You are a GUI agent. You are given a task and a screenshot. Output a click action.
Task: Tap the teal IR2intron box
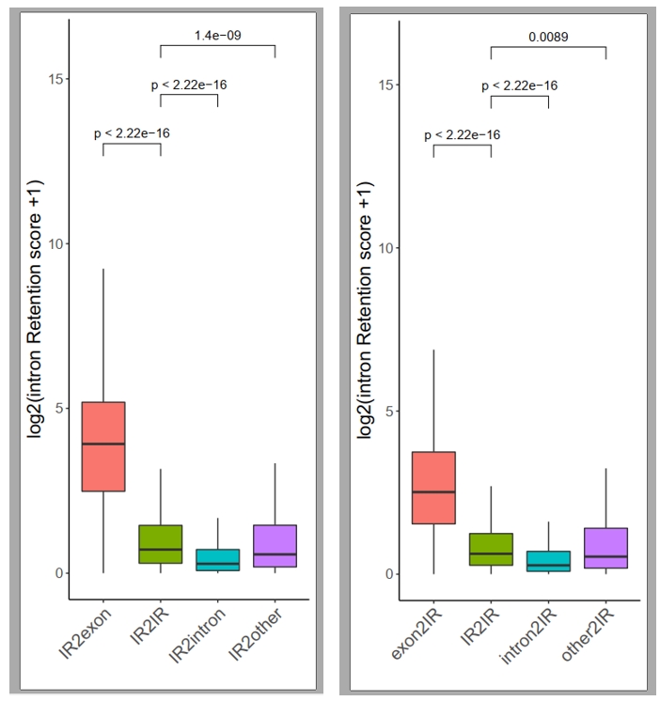[x=217, y=560]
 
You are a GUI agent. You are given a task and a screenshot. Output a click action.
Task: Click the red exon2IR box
[x=433, y=488]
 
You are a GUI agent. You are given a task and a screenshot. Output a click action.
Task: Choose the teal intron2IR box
[x=548, y=561]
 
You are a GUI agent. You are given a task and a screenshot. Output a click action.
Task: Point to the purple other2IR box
[x=605, y=548]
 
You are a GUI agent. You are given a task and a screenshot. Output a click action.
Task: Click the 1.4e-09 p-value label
[x=217, y=36]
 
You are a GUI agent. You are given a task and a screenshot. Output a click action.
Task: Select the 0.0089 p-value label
[x=548, y=38]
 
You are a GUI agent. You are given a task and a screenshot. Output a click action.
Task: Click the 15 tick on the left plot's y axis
[x=55, y=79]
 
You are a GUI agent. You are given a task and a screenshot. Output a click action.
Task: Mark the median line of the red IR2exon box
[x=103, y=444]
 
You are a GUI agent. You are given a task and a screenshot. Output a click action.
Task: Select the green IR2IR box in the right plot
[x=491, y=550]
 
